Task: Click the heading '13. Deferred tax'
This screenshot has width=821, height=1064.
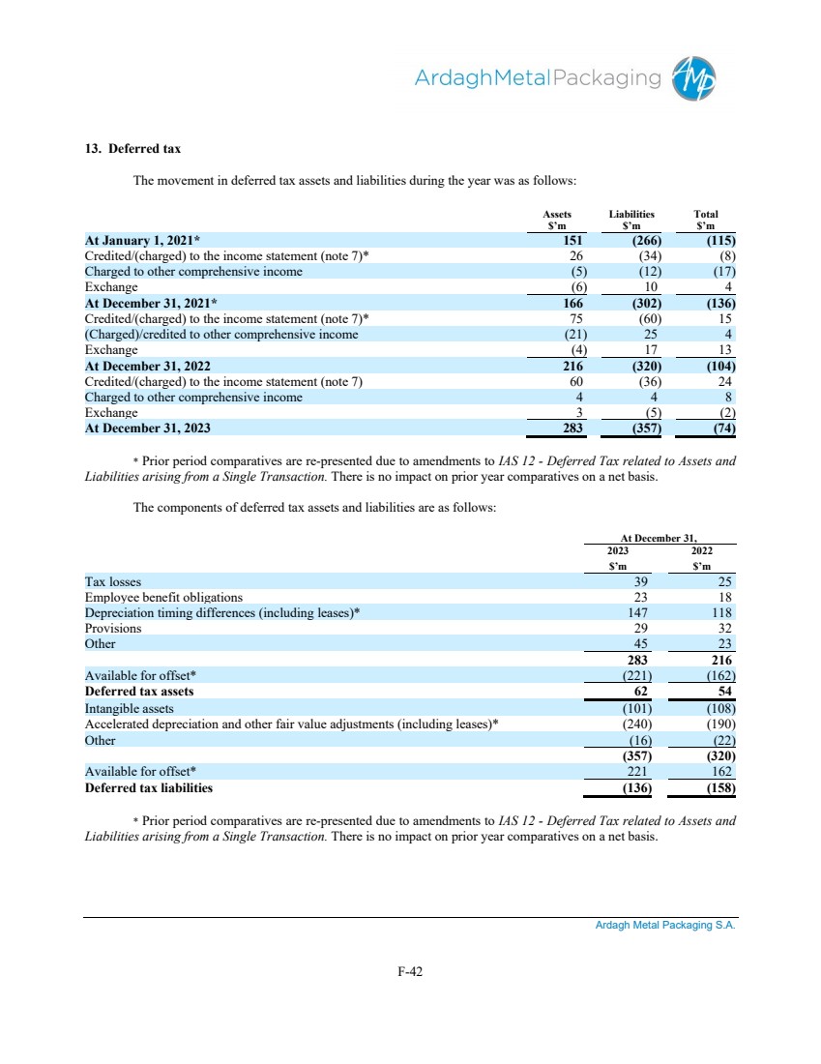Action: [x=132, y=149]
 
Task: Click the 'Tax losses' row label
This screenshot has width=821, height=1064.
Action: [x=113, y=581]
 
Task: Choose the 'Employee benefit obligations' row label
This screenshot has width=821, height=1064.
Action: [x=164, y=597]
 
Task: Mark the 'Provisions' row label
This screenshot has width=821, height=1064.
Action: [x=113, y=628]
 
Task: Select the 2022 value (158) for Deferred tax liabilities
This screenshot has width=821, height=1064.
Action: [x=720, y=787]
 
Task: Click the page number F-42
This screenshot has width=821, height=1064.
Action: [x=410, y=974]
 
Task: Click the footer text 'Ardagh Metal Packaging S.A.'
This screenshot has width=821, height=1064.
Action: [x=665, y=926]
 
